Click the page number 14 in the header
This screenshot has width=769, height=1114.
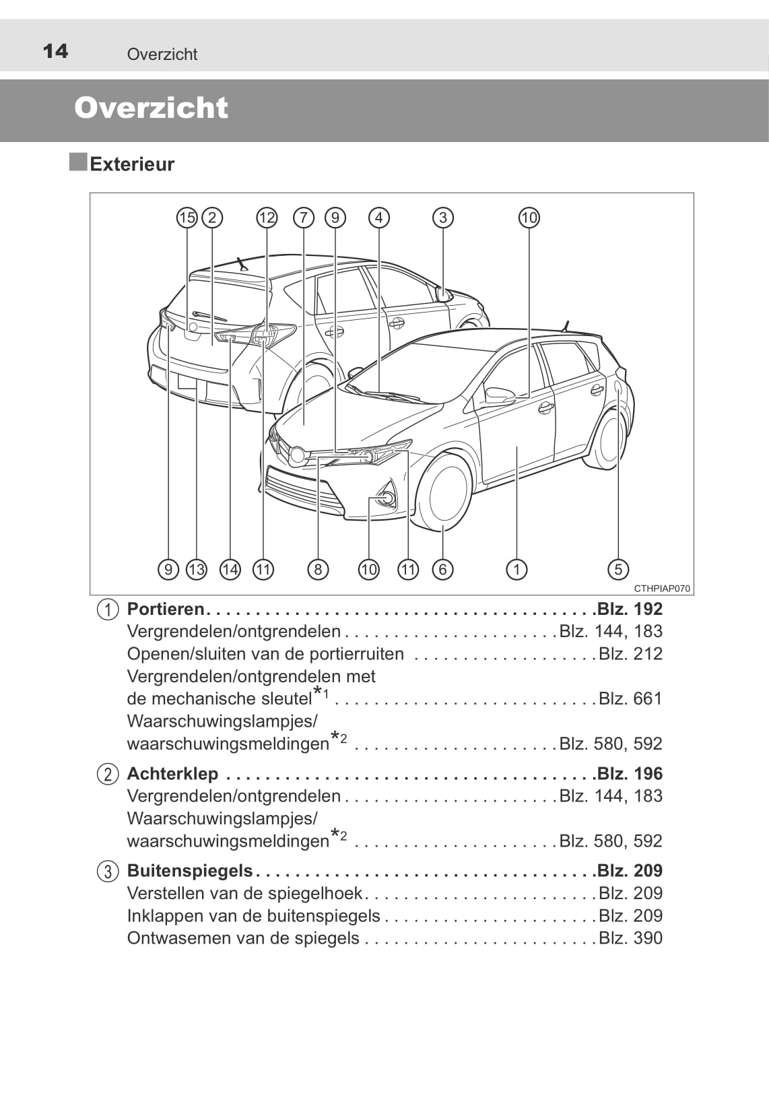pyautogui.click(x=55, y=51)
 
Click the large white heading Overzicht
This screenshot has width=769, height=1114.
pyautogui.click(x=151, y=108)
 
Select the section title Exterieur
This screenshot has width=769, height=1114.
pyautogui.click(x=132, y=164)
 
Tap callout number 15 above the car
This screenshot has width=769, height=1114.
pyautogui.click(x=187, y=218)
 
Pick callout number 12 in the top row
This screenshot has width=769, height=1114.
pyautogui.click(x=267, y=218)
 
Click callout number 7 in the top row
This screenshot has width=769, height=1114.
pyautogui.click(x=304, y=218)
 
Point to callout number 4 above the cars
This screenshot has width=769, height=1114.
pyautogui.click(x=379, y=218)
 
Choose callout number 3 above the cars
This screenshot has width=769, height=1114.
pyautogui.click(x=442, y=218)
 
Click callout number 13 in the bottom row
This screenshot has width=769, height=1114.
pyautogui.click(x=196, y=570)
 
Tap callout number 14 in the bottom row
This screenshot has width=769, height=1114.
pyautogui.click(x=230, y=570)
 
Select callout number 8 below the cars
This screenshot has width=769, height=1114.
pyautogui.click(x=318, y=570)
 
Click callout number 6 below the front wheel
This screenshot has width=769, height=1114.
pyautogui.click(x=442, y=570)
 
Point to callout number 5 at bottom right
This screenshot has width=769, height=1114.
pyautogui.click(x=618, y=570)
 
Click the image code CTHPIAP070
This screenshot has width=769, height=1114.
pyautogui.click(x=662, y=589)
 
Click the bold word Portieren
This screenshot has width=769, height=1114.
pyautogui.click(x=166, y=609)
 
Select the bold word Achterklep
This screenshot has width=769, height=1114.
pyautogui.click(x=172, y=773)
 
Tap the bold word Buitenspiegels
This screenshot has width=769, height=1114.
pyautogui.click(x=190, y=870)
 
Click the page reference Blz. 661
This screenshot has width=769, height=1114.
pyautogui.click(x=630, y=698)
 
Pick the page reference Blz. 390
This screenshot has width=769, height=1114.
pyautogui.click(x=630, y=938)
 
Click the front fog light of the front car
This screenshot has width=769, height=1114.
pyautogui.click(x=386, y=499)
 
